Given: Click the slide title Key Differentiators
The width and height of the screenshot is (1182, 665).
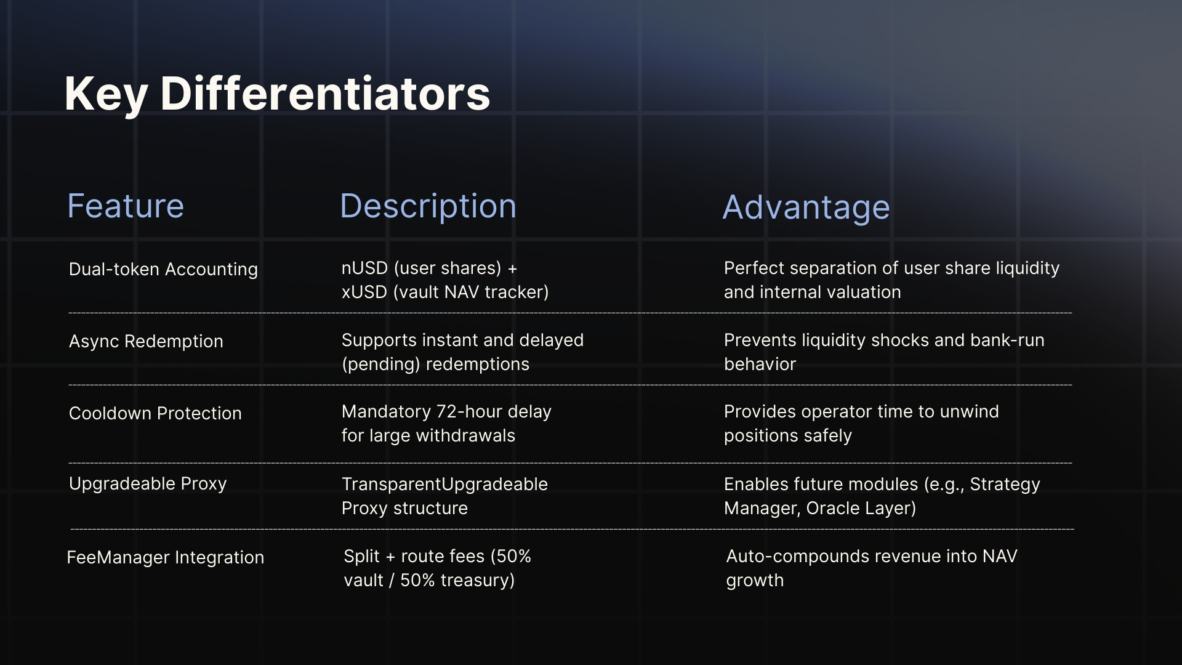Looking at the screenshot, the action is pos(277,94).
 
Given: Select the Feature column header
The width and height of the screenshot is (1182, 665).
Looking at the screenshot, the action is pos(126,206).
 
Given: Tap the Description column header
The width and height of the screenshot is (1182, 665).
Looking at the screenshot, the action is pos(428,206).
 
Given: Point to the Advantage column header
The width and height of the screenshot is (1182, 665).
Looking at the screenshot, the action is pos(806,208).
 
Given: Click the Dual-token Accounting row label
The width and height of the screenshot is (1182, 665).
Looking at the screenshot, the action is pos(163,269).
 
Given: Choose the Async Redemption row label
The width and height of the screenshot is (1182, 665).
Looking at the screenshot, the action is pos(146,341).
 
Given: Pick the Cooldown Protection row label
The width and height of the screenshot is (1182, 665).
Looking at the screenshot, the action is pos(155,413).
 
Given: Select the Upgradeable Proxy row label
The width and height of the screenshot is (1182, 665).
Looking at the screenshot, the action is pos(148,484).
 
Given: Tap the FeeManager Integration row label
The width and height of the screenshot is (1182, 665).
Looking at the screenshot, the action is pos(165,557).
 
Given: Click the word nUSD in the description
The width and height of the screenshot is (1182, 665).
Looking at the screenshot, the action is pos(364,268).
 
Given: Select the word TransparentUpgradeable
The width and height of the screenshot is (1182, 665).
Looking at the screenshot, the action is pos(444,485).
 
